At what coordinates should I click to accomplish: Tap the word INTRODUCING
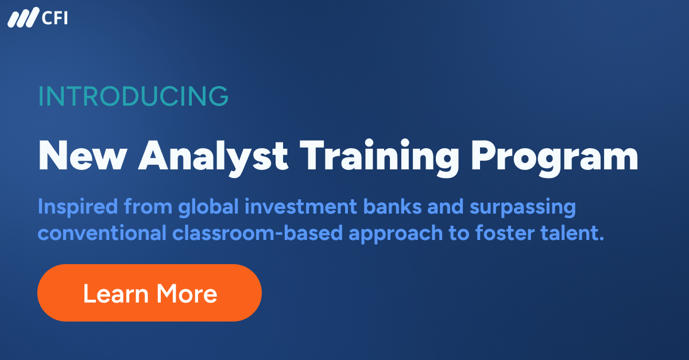133,96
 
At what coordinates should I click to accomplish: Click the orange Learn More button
149,293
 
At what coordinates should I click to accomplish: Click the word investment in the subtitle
297,207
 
